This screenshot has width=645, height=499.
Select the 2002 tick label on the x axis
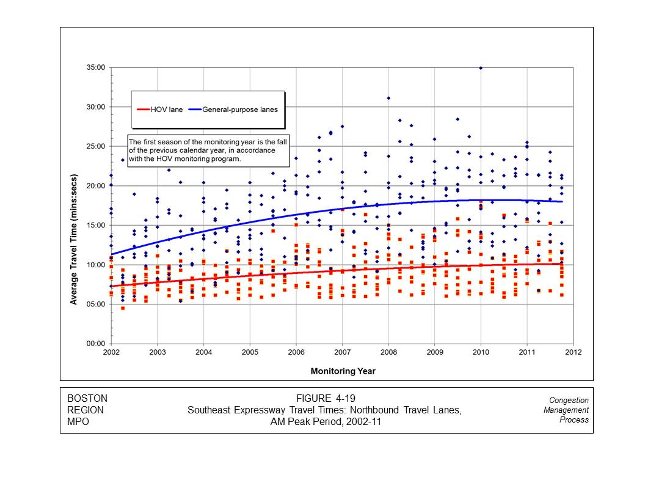[x=111, y=353]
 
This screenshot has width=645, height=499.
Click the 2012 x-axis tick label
[x=573, y=353]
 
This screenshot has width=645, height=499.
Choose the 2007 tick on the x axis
[x=342, y=353]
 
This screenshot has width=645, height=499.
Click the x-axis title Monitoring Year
[x=343, y=371]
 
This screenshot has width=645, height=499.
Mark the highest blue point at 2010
[x=481, y=68]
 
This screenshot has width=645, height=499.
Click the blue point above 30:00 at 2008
[x=388, y=98]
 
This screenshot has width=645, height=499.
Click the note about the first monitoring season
[x=208, y=150]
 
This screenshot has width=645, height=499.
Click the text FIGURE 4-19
[x=325, y=399]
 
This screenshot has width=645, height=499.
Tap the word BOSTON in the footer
[x=87, y=399]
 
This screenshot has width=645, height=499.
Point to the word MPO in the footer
[x=78, y=421]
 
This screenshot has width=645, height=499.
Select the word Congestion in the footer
[x=569, y=401]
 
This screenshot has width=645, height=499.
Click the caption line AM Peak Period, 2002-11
[x=325, y=421]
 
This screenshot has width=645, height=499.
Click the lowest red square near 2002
[x=123, y=308]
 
